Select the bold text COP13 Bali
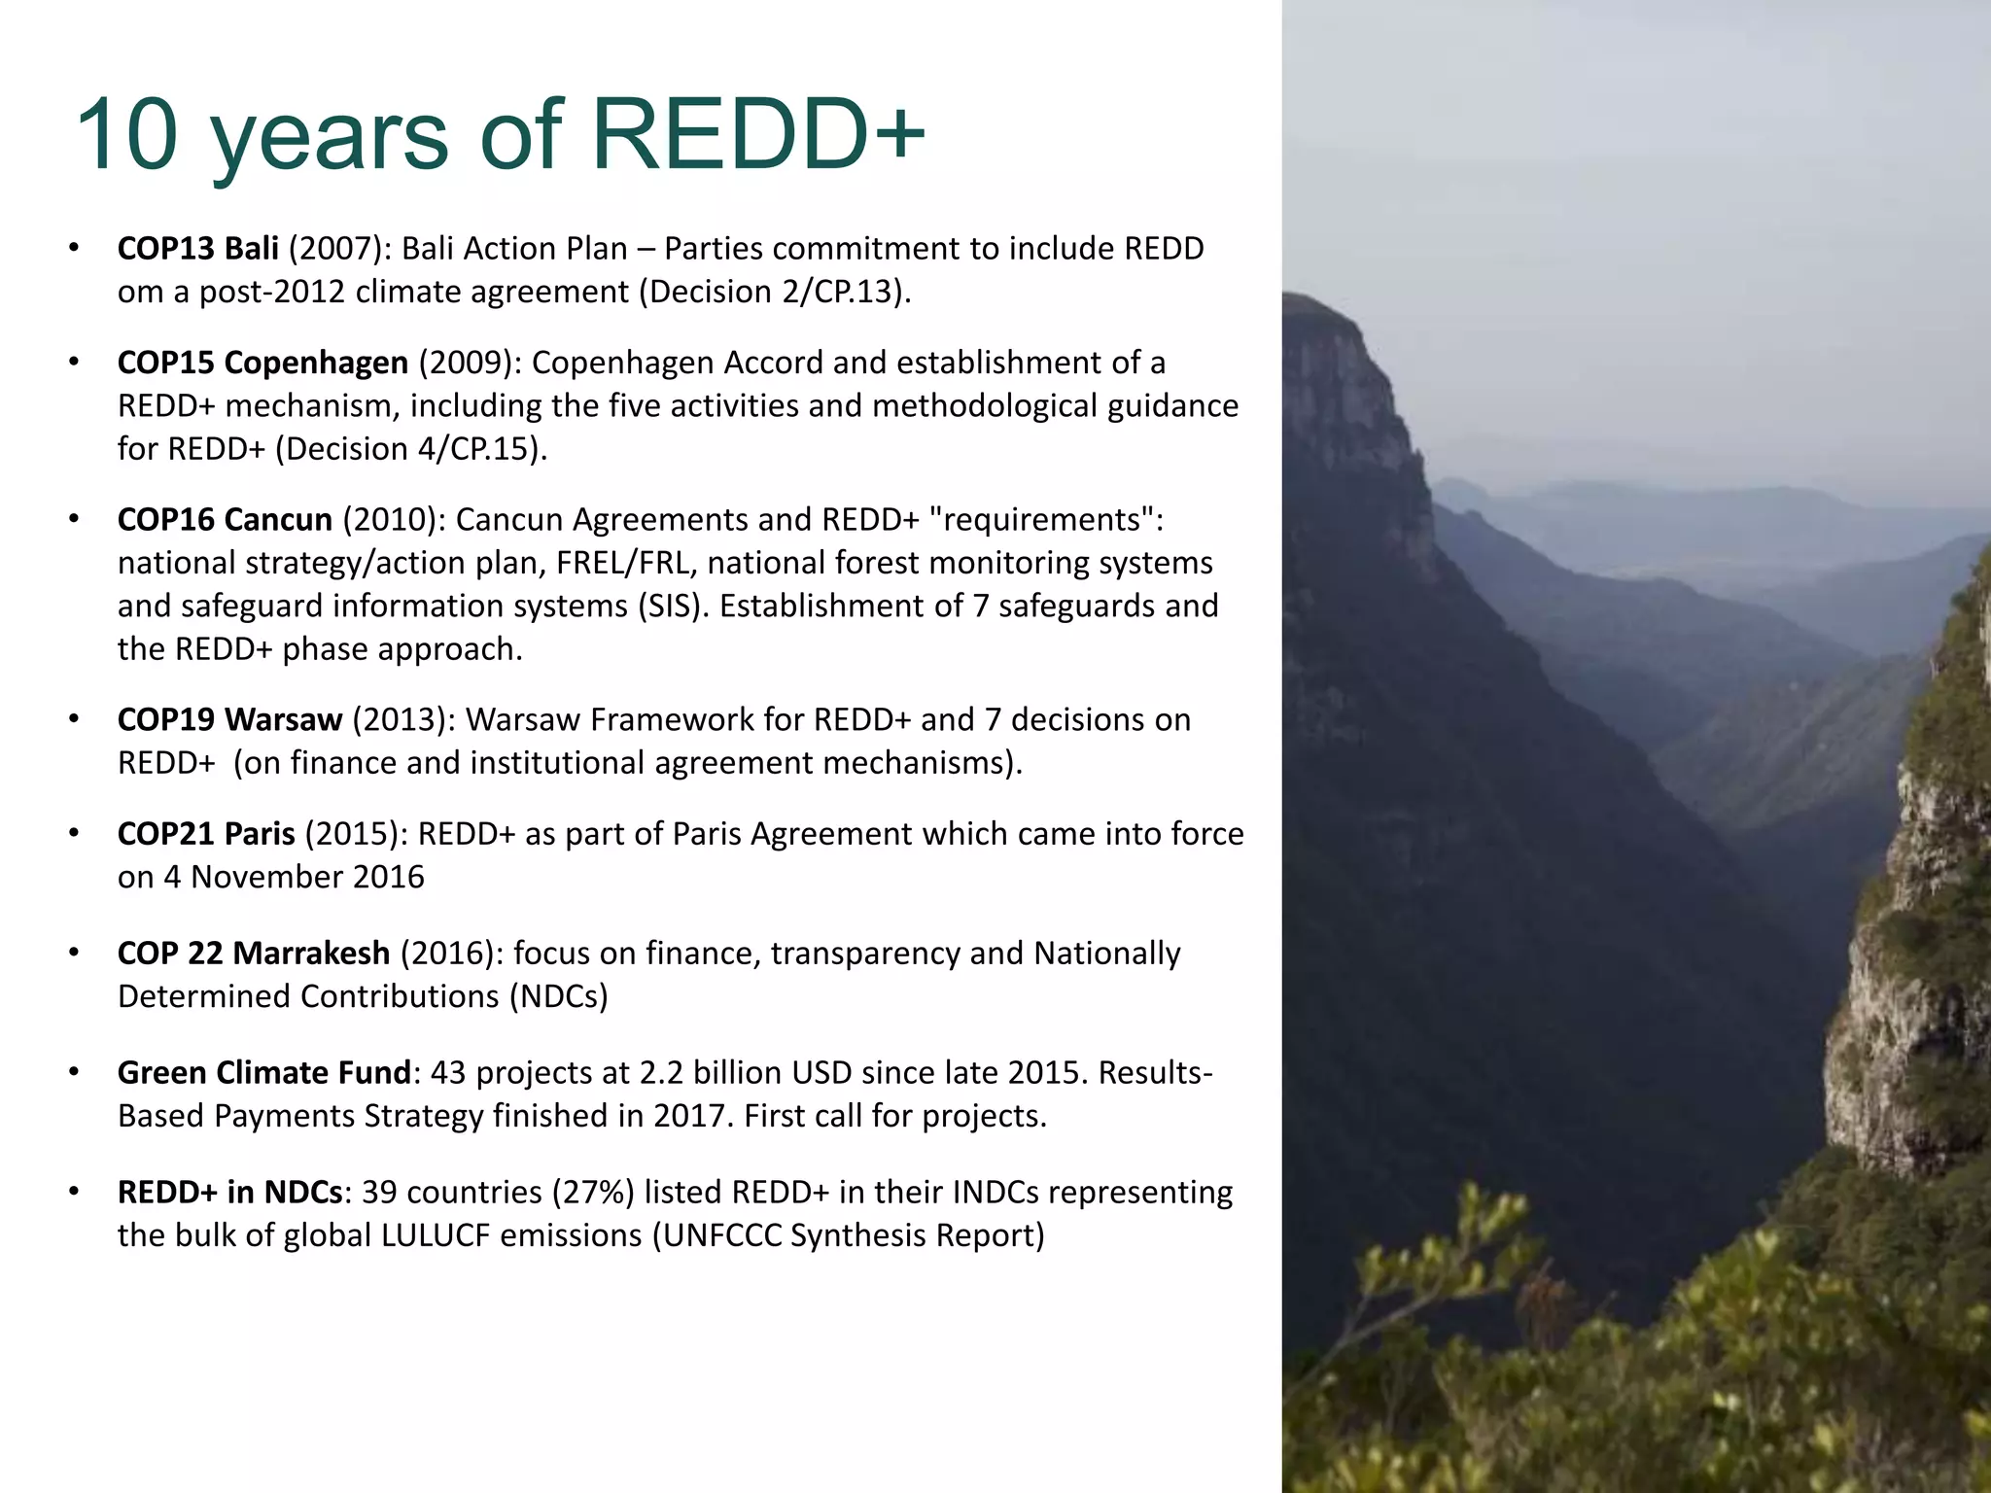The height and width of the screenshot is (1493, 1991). [197, 249]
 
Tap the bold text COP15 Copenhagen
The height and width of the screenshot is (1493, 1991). [262, 363]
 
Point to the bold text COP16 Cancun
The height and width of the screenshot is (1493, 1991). [225, 520]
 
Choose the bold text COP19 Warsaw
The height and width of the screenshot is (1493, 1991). [229, 719]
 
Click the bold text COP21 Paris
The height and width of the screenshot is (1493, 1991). [206, 834]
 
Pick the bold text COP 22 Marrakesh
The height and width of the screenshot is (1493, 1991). [253, 954]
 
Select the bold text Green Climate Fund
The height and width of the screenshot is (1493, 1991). [264, 1073]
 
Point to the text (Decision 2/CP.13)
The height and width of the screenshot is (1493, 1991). [774, 292]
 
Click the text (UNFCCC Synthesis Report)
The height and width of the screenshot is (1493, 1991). [848, 1235]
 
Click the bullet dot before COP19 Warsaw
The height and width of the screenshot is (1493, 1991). [73, 720]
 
